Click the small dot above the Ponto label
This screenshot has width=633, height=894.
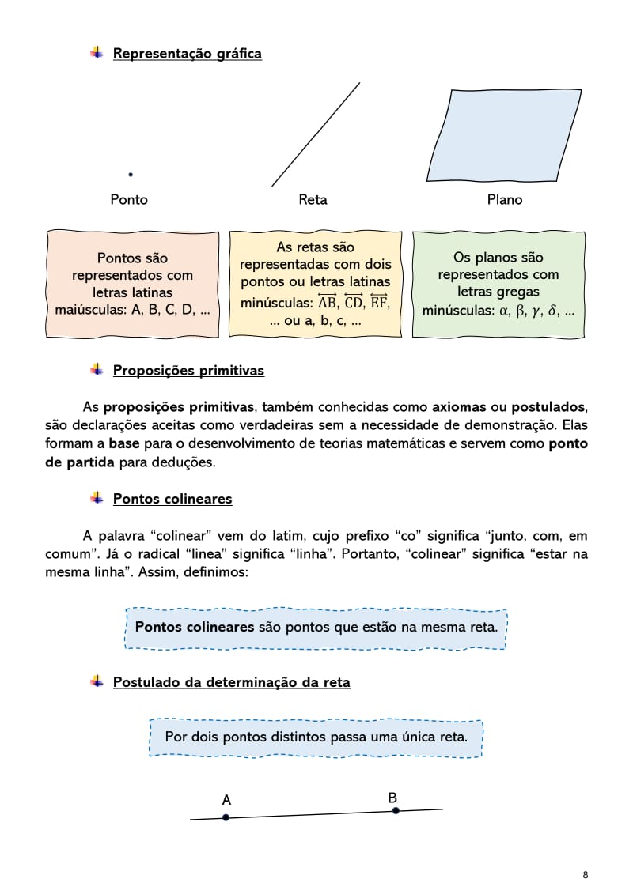(x=131, y=174)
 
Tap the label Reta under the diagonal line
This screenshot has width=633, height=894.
(x=313, y=200)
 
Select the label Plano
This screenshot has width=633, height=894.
(x=505, y=200)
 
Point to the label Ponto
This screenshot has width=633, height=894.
(x=129, y=200)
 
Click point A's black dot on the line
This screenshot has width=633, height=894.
(x=226, y=817)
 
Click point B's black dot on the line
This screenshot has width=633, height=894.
(x=396, y=810)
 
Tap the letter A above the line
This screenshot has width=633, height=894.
(x=226, y=800)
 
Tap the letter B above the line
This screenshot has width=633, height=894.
(x=392, y=798)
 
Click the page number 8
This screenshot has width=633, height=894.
(x=585, y=874)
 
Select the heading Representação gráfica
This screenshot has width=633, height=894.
(x=187, y=54)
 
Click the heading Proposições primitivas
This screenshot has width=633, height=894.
(x=188, y=370)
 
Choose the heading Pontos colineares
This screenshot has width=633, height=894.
(x=172, y=499)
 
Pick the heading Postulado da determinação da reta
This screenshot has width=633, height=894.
(x=231, y=681)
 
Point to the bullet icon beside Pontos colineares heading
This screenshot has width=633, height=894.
(x=97, y=498)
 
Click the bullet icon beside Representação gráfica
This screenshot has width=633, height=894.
(x=97, y=53)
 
